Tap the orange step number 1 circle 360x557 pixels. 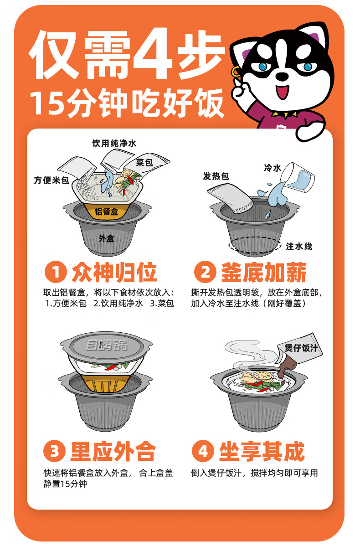click(56, 272)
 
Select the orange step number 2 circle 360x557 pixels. click(205, 272)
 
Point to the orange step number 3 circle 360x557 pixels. click(54, 451)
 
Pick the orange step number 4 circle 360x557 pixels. click(203, 451)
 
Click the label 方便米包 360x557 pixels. click(51, 181)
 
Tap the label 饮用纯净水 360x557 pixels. click(114, 144)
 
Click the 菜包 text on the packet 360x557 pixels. click(144, 163)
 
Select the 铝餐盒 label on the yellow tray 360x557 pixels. click(106, 211)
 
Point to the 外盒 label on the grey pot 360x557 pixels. click(106, 238)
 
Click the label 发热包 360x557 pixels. click(216, 176)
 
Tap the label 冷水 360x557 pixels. click(273, 168)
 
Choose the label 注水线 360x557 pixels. click(299, 247)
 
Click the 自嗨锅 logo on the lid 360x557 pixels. click(107, 345)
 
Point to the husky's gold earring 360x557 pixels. click(236, 72)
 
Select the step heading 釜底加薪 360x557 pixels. click(263, 272)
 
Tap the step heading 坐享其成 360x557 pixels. click(262, 451)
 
